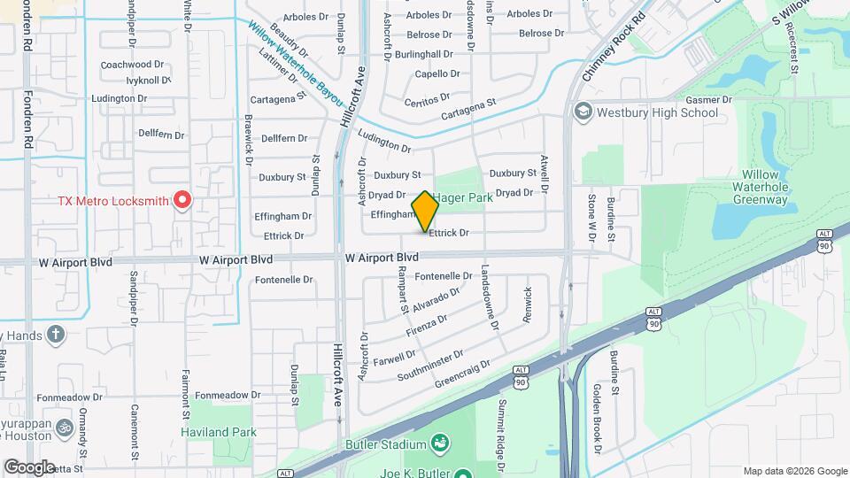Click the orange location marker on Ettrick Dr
click(x=425, y=211)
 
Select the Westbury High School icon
click(x=583, y=112)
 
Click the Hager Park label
click(x=464, y=198)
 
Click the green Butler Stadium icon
click(x=439, y=441)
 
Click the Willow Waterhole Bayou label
click(x=296, y=62)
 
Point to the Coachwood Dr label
click(x=133, y=65)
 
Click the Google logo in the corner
click(x=30, y=466)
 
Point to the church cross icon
click(x=56, y=335)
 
